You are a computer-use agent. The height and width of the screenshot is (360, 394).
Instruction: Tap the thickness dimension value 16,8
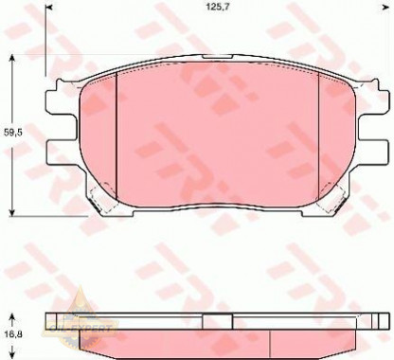(x=12, y=334)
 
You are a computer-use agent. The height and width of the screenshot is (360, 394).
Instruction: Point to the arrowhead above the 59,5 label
(x=12, y=60)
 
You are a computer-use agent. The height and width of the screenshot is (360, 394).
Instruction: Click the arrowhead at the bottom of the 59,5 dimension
(x=12, y=209)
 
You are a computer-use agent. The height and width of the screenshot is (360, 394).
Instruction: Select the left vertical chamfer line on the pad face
(x=114, y=133)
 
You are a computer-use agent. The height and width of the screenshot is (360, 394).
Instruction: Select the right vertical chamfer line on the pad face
(x=318, y=133)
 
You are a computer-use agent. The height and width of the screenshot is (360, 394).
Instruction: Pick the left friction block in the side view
(x=133, y=339)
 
